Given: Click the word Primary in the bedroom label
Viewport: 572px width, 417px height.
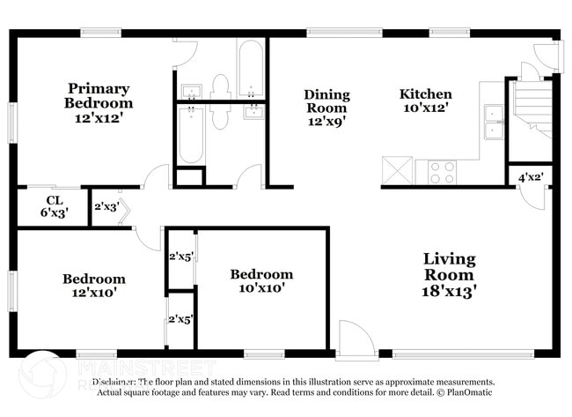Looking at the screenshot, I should [x=99, y=88].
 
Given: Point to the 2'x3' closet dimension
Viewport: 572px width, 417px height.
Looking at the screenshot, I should [x=106, y=208].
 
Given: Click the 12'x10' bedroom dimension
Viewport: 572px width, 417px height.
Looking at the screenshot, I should [x=93, y=294].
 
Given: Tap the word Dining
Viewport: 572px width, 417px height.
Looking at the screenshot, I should [x=326, y=94].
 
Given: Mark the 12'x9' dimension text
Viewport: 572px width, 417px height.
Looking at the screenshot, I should [x=326, y=123].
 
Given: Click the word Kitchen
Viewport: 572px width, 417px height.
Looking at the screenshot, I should [x=426, y=94].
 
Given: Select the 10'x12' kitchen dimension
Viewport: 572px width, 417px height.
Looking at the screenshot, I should [x=426, y=108].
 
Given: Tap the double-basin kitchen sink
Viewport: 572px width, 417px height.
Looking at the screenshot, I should [x=492, y=122].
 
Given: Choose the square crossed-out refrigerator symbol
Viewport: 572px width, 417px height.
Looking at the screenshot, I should [x=397, y=170].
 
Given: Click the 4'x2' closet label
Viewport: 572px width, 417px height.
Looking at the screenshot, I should [x=530, y=177].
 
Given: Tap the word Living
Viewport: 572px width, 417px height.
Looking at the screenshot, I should [x=449, y=259].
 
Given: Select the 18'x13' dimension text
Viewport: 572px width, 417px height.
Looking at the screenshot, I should [x=449, y=290].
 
